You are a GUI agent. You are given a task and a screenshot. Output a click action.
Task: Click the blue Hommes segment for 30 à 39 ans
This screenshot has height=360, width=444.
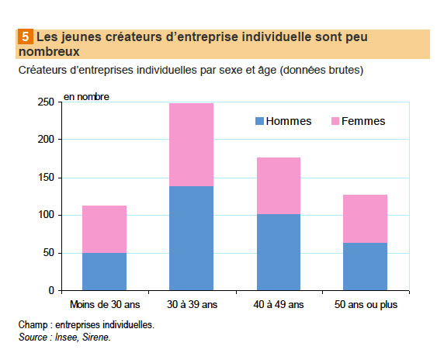(x=191, y=238)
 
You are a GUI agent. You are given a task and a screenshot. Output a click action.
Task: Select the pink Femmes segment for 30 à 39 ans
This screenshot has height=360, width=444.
(x=191, y=144)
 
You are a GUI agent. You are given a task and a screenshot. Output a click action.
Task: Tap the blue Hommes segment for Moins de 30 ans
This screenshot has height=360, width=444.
(x=104, y=272)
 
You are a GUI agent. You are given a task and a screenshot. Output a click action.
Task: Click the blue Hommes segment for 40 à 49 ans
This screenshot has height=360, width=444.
(x=278, y=252)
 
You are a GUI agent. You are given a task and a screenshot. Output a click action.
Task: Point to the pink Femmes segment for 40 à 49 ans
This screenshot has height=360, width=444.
(x=278, y=185)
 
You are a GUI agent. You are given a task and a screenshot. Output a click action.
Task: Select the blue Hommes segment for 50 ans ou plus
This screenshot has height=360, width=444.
(x=365, y=267)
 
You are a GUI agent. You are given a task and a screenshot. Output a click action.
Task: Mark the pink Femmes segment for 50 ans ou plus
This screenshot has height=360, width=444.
(x=365, y=219)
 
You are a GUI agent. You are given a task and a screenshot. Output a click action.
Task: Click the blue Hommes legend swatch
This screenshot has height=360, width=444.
(x=259, y=121)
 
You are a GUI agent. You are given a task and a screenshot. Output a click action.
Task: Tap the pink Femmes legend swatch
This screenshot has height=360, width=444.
(x=335, y=121)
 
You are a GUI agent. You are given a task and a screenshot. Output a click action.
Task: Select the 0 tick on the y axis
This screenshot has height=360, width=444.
(x=51, y=290)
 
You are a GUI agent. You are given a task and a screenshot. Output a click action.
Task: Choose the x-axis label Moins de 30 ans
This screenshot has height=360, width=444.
(x=104, y=304)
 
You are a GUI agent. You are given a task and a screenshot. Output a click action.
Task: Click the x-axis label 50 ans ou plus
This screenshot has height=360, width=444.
(x=365, y=304)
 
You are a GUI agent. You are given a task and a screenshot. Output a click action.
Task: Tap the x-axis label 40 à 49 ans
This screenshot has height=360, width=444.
(x=278, y=304)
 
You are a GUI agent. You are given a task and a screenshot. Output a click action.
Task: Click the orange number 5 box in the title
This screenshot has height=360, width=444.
(x=25, y=36)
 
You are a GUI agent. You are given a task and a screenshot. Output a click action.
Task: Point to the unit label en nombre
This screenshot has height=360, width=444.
(x=86, y=97)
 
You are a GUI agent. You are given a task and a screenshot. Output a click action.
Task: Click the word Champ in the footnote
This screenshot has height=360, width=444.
(x=32, y=325)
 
